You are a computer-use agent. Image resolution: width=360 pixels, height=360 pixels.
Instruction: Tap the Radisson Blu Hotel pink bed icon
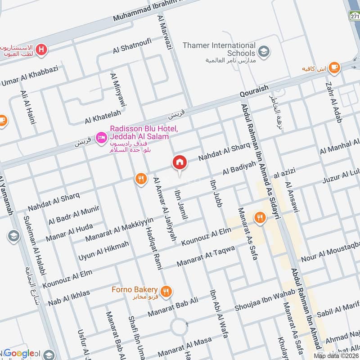(x=102, y=135)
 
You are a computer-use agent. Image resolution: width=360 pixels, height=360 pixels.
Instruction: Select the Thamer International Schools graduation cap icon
(x=264, y=49)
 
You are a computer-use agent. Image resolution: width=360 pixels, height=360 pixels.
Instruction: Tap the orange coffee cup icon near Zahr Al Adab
(x=333, y=68)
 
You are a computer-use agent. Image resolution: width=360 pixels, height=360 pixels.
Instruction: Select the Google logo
(x=19, y=353)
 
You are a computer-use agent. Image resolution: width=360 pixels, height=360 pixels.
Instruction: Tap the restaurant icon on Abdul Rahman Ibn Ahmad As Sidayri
(x=260, y=217)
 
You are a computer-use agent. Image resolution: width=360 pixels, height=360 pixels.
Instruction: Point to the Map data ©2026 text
(x=336, y=355)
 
